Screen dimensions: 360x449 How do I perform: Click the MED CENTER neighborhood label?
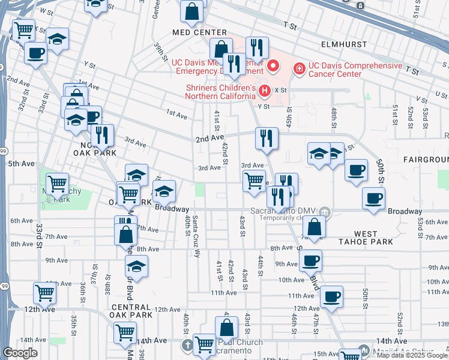[199, 32]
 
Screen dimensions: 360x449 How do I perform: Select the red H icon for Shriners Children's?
[265, 91]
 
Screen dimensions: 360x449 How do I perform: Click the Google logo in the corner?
[20, 353]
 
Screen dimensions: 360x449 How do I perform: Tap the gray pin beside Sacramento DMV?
[324, 211]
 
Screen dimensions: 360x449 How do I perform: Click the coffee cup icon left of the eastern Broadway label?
[373, 198]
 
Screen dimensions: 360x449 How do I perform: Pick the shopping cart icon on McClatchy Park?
[58, 184]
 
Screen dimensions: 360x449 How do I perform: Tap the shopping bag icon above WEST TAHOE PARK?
[314, 226]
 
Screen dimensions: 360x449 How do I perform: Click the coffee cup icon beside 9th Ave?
[310, 260]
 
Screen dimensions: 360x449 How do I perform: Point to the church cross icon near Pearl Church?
[187, 345]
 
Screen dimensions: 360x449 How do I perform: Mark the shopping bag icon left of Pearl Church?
[227, 328]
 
